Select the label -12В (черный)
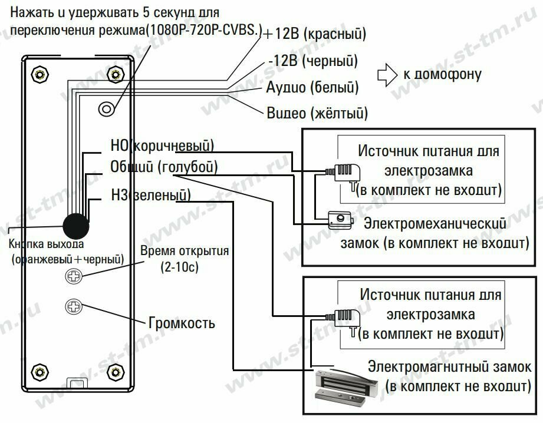312,61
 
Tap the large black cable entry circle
76,225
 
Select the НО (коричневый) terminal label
162,145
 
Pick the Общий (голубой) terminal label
164,167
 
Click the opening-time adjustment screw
74,275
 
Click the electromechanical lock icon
338,220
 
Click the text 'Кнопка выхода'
47,244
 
